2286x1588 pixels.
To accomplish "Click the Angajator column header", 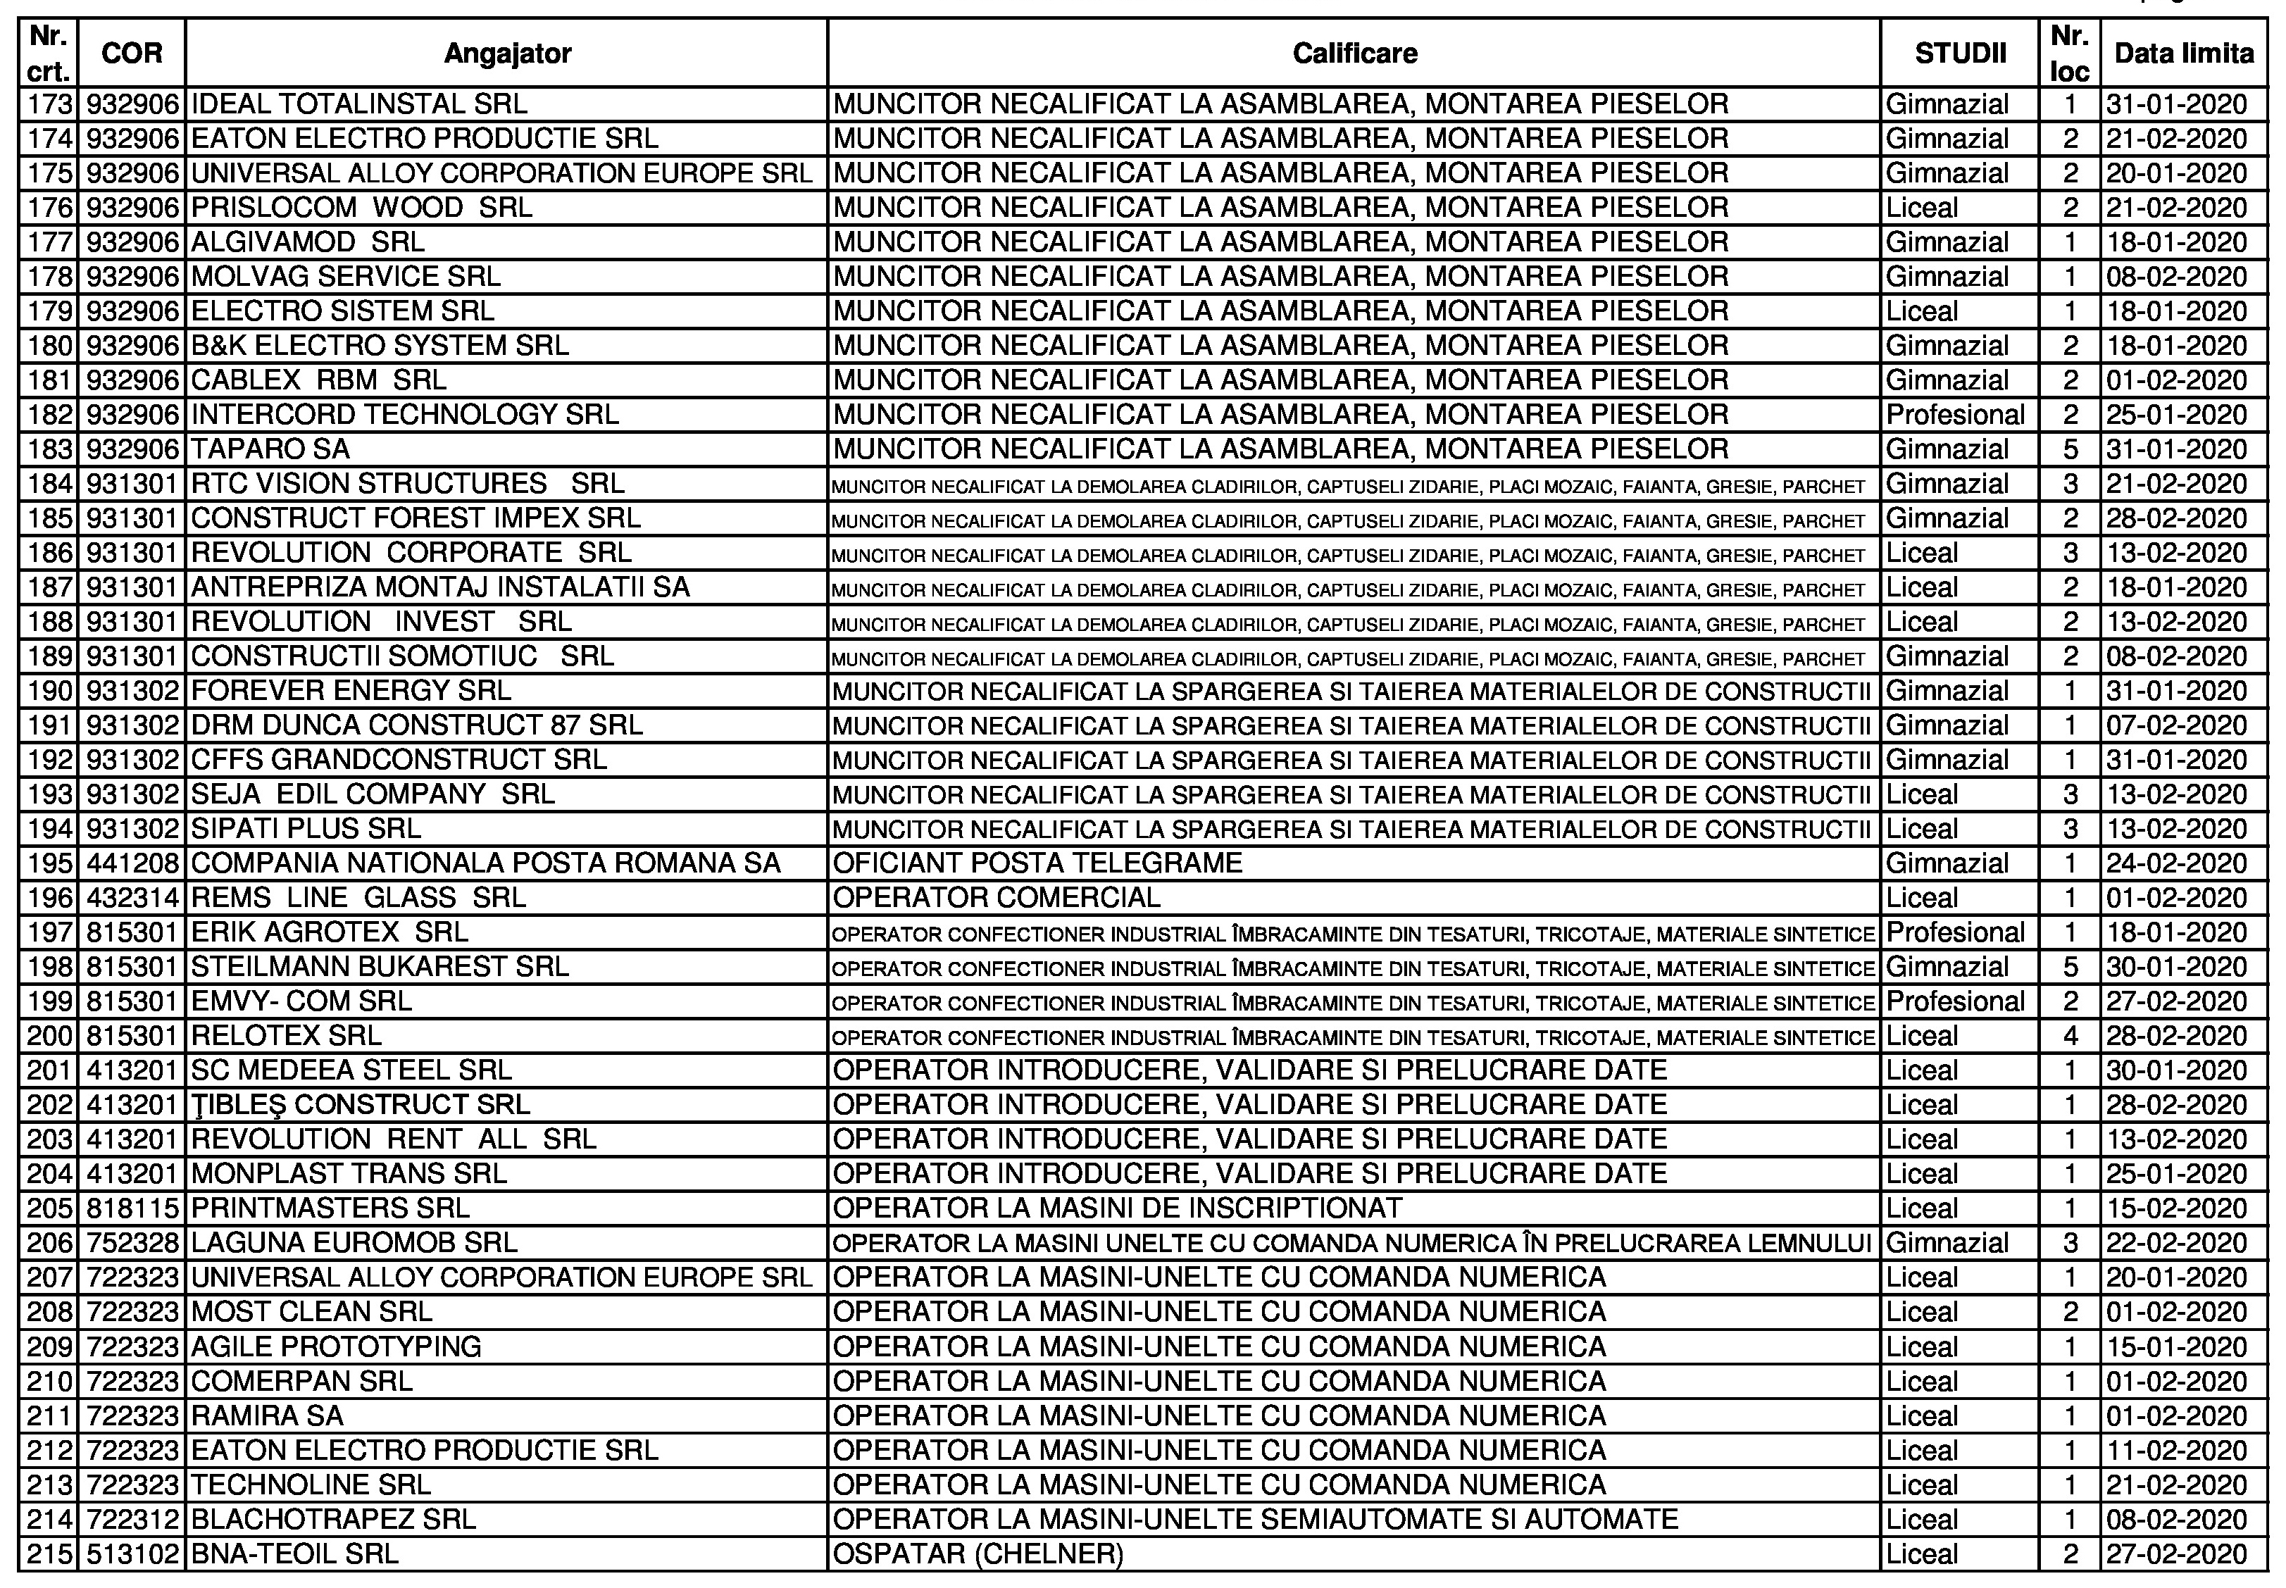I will (506, 53).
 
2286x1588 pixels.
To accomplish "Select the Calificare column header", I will (1354, 53).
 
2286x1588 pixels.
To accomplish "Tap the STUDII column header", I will (1960, 53).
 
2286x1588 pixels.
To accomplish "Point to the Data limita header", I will (2184, 53).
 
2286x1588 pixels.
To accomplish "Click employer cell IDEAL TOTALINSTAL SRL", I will (359, 104).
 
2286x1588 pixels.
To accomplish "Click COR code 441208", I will (133, 863).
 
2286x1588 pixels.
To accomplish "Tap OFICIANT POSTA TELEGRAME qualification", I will (1037, 863).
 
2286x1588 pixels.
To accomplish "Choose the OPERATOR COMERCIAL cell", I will (997, 897).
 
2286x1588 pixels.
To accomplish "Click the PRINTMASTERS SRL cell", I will (330, 1208).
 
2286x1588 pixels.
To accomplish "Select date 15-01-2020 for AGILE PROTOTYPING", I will (2177, 1346).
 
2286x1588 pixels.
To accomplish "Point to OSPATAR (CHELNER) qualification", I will (978, 1553).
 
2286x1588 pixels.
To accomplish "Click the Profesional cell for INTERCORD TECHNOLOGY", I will (1956, 415).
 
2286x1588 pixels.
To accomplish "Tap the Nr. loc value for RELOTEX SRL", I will (2070, 1036).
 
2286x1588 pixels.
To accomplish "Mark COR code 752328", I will (133, 1243).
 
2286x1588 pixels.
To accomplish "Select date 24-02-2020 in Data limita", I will (2177, 863).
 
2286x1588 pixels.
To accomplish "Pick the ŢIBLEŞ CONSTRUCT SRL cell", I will (360, 1104).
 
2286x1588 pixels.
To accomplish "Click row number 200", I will (51, 1036).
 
